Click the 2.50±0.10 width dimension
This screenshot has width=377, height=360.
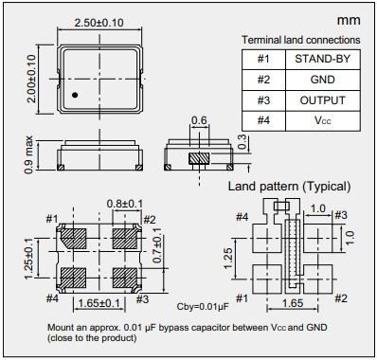[99, 23]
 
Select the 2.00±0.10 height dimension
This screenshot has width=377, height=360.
[31, 79]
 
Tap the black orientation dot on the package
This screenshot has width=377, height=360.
[75, 95]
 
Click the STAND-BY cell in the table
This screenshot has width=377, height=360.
[323, 59]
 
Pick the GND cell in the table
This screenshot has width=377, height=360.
[323, 80]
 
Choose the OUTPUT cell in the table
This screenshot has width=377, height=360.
[323, 100]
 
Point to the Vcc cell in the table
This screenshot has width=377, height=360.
[323, 120]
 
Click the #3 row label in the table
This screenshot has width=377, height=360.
[263, 100]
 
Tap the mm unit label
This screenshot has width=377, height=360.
[349, 21]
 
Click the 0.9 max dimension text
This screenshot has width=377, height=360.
[28, 154]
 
